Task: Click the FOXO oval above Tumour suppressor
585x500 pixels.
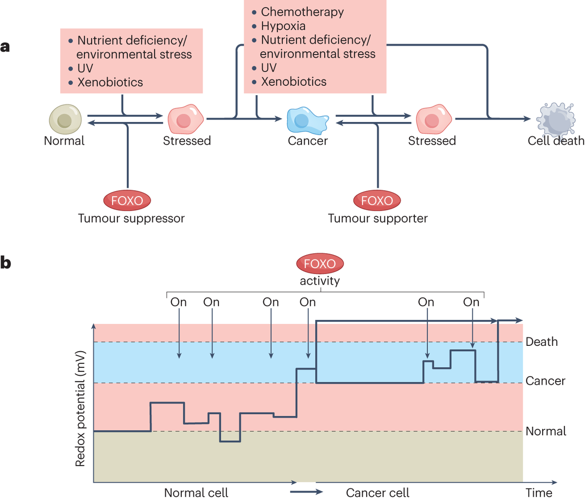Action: pyautogui.click(x=127, y=200)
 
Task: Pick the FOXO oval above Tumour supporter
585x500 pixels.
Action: pyautogui.click(x=377, y=200)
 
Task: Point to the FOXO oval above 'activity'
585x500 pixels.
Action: pyautogui.click(x=320, y=264)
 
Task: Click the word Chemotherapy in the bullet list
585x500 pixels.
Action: pyautogui.click(x=302, y=12)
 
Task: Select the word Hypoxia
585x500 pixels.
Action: pyautogui.click(x=283, y=26)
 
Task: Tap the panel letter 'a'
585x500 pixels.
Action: pyautogui.click(x=5, y=47)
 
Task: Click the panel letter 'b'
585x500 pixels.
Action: pyautogui.click(x=5, y=263)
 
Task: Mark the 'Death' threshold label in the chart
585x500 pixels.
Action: pyautogui.click(x=541, y=342)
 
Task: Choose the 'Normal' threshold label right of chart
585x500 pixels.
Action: pyautogui.click(x=546, y=431)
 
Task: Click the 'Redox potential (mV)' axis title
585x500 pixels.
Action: pyautogui.click(x=80, y=408)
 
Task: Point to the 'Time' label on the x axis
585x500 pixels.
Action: pyautogui.click(x=539, y=493)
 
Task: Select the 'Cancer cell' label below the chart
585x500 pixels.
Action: pyautogui.click(x=377, y=493)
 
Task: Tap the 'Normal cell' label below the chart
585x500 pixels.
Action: pyautogui.click(x=196, y=493)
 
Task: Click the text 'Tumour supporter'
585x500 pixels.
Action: pyautogui.click(x=377, y=219)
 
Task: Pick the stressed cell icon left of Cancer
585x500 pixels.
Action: pyautogui.click(x=185, y=119)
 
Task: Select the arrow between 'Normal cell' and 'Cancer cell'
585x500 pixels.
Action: pyautogui.click(x=306, y=492)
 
